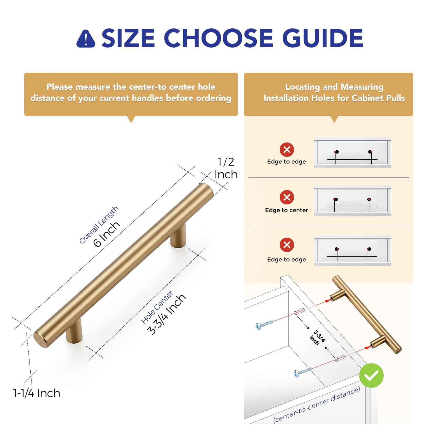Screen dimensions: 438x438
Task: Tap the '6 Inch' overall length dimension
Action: pyautogui.click(x=107, y=234)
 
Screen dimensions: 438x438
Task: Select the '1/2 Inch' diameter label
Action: pyautogui.click(x=226, y=168)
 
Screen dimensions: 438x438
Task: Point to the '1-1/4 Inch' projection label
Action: pyautogui.click(x=37, y=393)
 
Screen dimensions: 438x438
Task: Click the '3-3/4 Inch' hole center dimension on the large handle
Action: pyautogui.click(x=167, y=314)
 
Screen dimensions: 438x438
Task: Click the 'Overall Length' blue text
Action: pyautogui.click(x=99, y=225)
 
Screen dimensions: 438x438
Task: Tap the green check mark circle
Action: pyautogui.click(x=371, y=376)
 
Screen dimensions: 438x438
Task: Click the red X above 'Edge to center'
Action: pyautogui.click(x=287, y=197)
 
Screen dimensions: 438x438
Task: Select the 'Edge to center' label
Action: pyautogui.click(x=286, y=210)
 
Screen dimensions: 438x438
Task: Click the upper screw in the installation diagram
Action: pyautogui.click(x=264, y=324)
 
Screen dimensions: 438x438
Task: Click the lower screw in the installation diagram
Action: pyautogui.click(x=302, y=372)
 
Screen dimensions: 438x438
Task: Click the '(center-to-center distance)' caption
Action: pyautogui.click(x=317, y=405)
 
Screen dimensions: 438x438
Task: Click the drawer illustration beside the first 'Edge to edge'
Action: pyautogui.click(x=352, y=153)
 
